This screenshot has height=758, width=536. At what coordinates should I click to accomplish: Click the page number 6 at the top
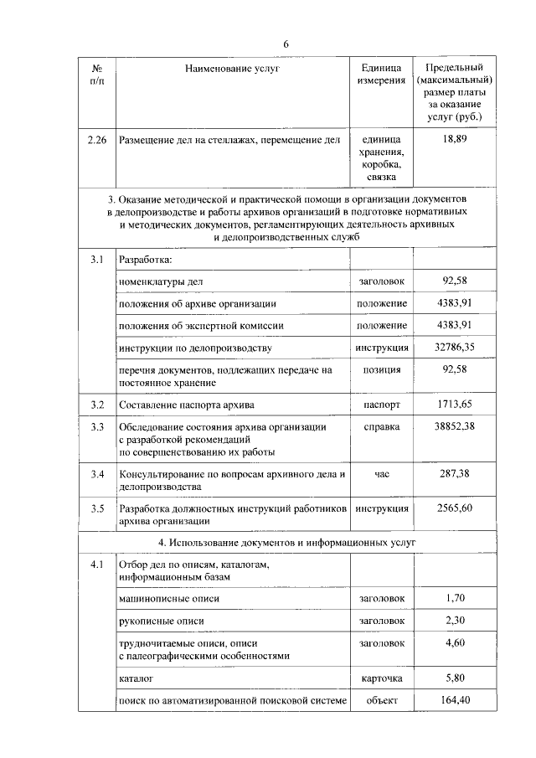[x=286, y=44]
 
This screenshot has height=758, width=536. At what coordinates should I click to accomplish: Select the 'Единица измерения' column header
[x=381, y=75]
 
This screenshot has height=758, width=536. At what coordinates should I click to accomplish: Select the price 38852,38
[x=454, y=427]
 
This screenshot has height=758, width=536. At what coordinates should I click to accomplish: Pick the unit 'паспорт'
[x=381, y=405]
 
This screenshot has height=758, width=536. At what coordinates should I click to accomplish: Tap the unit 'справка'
[x=381, y=427]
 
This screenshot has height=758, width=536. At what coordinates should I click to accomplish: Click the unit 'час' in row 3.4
[x=381, y=474]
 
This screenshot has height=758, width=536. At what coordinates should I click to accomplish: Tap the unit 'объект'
[x=381, y=699]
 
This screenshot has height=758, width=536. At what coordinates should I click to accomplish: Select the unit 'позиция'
[x=381, y=369]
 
